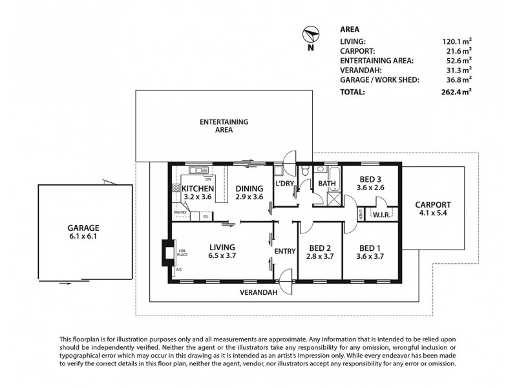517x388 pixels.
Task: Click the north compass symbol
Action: pyautogui.click(x=311, y=36)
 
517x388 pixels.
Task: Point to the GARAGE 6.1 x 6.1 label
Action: pyautogui.click(x=84, y=232)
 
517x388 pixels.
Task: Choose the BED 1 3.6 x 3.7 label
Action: pyautogui.click(x=367, y=252)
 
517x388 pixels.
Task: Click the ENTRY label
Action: pyautogui.click(x=285, y=251)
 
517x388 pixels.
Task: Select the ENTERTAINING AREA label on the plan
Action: pyautogui.click(x=224, y=125)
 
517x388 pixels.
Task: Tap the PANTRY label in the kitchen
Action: pyautogui.click(x=180, y=212)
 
